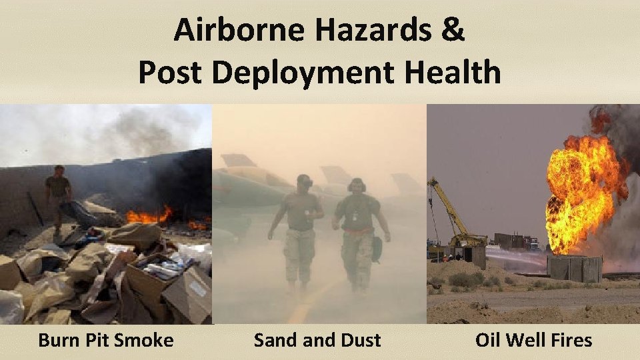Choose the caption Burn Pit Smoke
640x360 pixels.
point(106,340)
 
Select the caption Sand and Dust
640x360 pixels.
point(317,340)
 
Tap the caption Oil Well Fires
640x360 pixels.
point(533,340)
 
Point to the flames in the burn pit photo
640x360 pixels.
point(150,216)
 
